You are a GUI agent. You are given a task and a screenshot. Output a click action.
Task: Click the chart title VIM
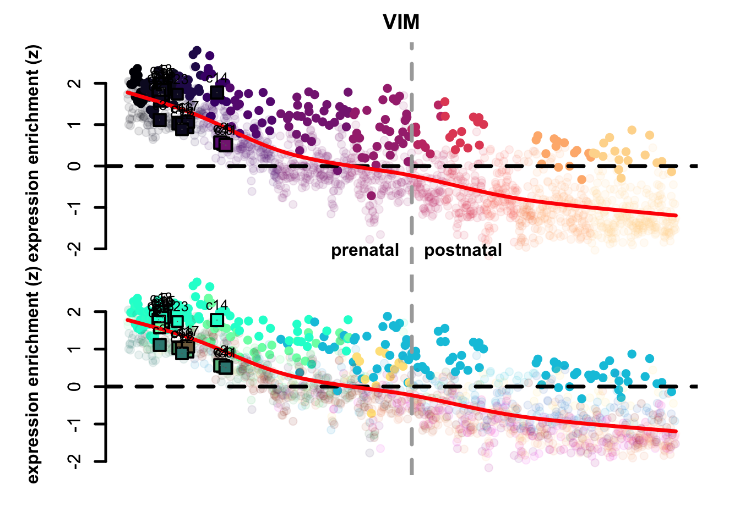(401, 23)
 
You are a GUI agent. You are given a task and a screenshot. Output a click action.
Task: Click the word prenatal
(364, 250)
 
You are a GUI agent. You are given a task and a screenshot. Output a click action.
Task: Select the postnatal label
(463, 250)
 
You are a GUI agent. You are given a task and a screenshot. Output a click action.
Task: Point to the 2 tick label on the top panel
(75, 84)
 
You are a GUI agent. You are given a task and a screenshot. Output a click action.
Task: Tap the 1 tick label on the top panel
(75, 125)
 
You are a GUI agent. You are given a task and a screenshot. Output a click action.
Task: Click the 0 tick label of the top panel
(75, 166)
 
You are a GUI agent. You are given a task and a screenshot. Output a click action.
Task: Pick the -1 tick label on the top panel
(75, 207)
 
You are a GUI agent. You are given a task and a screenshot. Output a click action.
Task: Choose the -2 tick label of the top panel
(75, 248)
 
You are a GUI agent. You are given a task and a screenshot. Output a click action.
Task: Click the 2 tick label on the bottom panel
(75, 312)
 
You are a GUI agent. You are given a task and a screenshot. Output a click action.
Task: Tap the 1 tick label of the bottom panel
(75, 349)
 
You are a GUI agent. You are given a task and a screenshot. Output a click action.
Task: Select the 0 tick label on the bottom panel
(75, 386)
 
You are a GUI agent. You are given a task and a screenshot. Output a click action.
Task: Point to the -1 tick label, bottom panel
(75, 424)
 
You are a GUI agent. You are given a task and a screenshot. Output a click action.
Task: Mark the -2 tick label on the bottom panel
(75, 460)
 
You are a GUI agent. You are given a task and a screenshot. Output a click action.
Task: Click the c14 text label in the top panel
(217, 78)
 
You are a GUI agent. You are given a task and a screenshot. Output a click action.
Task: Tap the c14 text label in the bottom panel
(217, 305)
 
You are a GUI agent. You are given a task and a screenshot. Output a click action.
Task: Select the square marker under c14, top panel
(217, 92)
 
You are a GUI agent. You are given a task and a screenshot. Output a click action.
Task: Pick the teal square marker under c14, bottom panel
(217, 320)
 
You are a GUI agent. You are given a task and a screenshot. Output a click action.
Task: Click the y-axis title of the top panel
(34, 154)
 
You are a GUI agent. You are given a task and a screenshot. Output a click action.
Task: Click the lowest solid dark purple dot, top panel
(372, 196)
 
